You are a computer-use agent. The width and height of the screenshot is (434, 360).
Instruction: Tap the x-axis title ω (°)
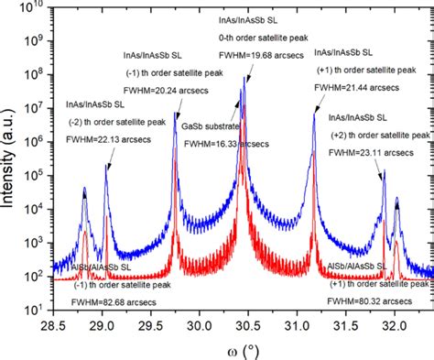click(x=241, y=349)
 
